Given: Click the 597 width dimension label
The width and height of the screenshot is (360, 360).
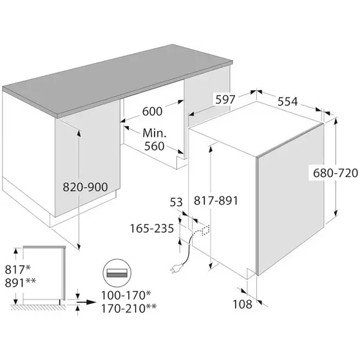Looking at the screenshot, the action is click(225, 99).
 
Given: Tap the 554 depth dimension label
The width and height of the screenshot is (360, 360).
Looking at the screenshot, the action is click(287, 101).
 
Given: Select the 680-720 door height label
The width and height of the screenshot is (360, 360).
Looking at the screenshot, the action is click(336, 173).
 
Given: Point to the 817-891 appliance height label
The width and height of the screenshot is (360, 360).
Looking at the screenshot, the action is click(216, 200).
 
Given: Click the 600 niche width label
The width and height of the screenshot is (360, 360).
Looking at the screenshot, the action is click(152, 111).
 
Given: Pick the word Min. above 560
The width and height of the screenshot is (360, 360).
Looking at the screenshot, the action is click(155, 133).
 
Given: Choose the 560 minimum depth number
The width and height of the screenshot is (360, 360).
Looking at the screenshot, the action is click(155, 146).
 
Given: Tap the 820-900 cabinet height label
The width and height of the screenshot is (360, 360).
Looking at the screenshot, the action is click(85, 187).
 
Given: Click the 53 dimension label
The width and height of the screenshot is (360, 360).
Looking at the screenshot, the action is click(176, 202).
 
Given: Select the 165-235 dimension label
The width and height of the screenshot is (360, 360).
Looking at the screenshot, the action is click(152, 229).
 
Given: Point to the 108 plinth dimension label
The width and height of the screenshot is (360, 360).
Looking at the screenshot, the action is click(242, 304).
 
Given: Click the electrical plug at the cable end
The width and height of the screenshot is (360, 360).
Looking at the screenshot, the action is click(175, 269).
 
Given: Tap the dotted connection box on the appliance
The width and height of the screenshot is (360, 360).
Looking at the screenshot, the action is click(205, 231).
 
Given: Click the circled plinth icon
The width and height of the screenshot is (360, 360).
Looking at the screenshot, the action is click(117, 273).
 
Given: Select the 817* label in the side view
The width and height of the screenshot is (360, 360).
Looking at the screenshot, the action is click(17, 269).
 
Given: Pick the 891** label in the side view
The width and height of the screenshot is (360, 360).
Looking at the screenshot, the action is click(21, 283).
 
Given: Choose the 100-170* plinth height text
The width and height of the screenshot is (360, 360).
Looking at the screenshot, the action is click(126, 295).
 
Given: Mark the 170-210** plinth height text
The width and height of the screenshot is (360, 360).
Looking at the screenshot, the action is click(129, 308).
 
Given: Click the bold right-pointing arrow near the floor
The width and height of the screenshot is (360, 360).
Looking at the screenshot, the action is click(86, 302).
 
